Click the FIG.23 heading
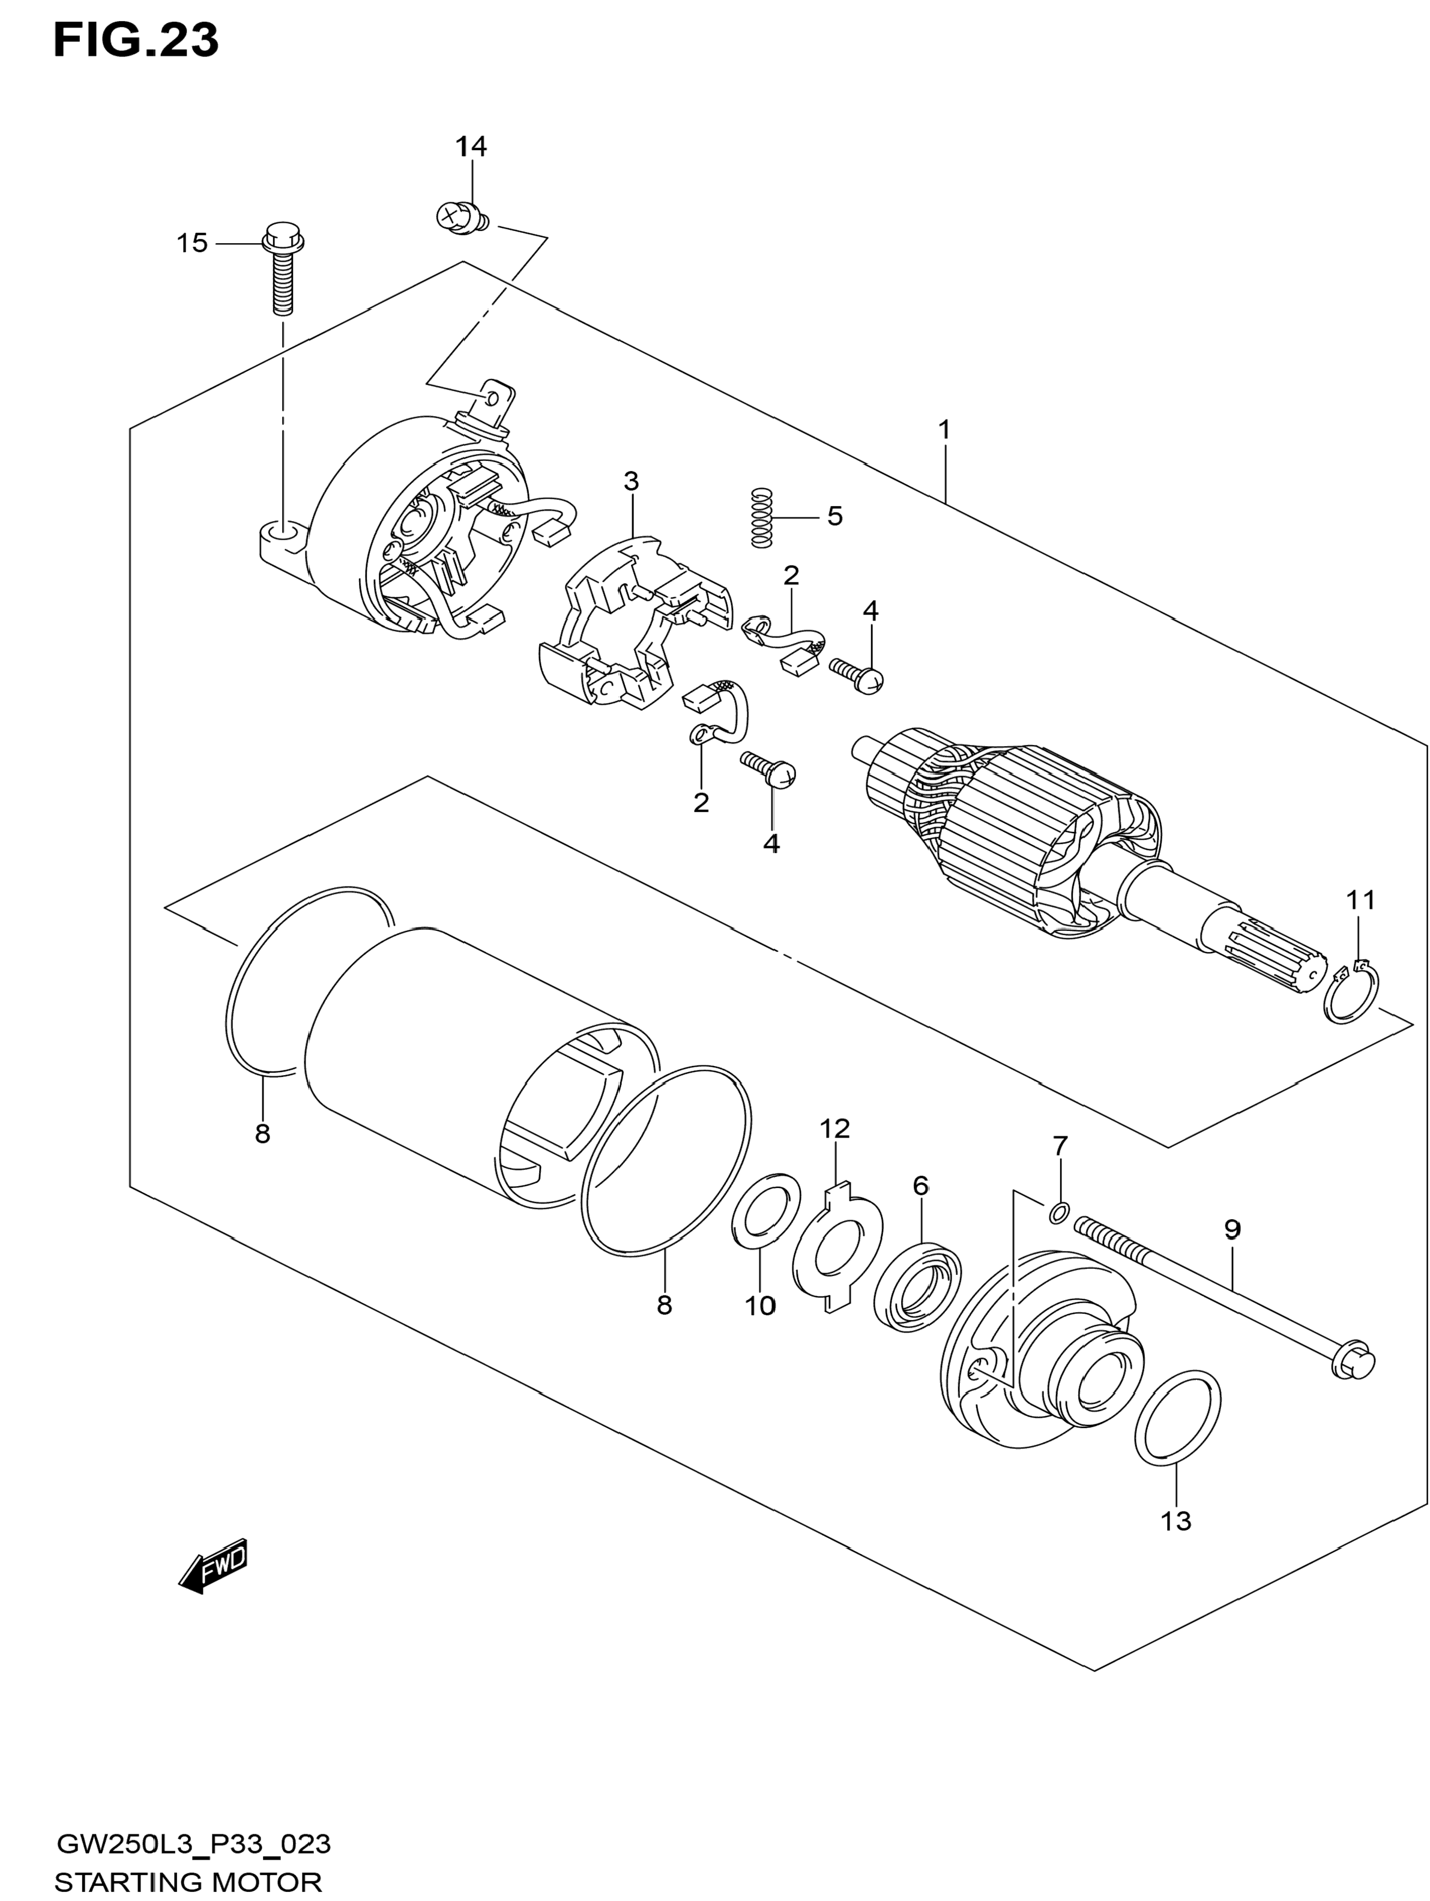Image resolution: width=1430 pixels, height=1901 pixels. point(136,40)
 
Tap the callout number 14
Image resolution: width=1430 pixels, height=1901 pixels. point(471,147)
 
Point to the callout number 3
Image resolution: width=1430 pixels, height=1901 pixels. point(632,481)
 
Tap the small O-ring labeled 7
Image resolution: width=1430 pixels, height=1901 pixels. point(1059,1213)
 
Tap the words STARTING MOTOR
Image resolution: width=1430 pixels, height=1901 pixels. point(188,1881)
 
